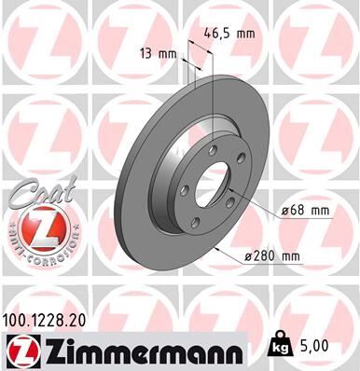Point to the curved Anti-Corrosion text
point(36,254)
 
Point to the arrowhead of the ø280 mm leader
point(216,250)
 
